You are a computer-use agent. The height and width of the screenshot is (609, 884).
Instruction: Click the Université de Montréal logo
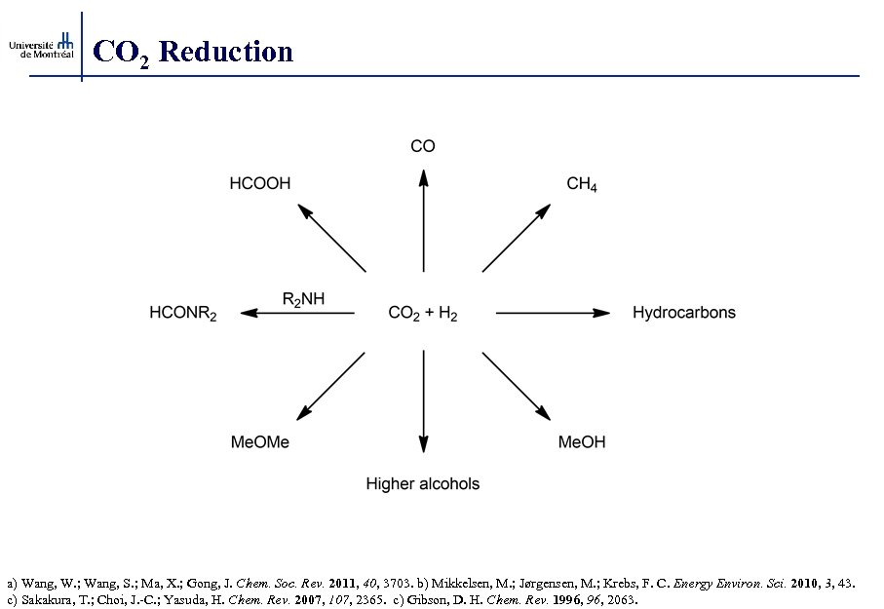(40, 46)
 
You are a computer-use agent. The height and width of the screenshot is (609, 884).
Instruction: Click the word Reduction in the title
(225, 51)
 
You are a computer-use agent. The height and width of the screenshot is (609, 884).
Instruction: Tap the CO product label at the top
(423, 146)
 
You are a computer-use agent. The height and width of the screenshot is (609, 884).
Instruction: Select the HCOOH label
(259, 182)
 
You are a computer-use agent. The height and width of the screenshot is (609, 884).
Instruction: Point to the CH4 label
(582, 183)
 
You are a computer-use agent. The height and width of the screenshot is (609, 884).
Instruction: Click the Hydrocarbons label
(683, 313)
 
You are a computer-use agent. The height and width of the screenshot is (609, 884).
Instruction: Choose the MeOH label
(582, 442)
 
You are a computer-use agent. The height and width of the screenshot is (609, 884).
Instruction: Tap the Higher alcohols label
(423, 483)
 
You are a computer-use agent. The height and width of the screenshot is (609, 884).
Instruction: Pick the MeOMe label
(259, 442)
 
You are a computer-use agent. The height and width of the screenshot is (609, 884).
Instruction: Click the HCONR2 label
(183, 314)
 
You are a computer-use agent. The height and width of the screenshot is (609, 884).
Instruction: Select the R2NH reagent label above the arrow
(303, 299)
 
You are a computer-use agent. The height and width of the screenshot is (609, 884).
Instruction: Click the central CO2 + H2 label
(423, 314)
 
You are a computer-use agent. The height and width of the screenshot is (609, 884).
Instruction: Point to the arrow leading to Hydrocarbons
(553, 313)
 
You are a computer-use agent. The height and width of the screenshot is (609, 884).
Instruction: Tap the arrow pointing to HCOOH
(331, 238)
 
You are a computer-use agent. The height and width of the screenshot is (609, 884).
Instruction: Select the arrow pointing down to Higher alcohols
(423, 401)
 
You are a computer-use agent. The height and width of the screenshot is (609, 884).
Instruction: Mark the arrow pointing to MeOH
(517, 386)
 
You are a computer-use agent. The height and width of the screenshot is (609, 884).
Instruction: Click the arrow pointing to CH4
(517, 238)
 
